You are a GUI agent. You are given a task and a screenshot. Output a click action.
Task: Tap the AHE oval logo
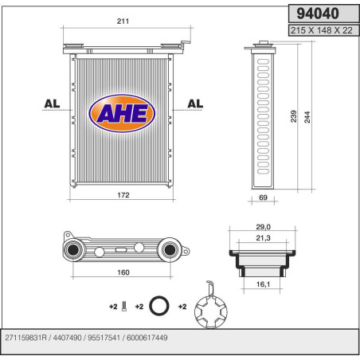point(122,112)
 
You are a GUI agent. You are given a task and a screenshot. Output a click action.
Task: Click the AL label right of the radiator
point(195,103)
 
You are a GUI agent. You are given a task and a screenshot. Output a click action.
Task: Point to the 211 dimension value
point(123,22)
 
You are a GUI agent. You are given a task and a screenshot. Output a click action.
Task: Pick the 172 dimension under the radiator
point(123,195)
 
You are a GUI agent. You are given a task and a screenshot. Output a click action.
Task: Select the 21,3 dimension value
point(262,237)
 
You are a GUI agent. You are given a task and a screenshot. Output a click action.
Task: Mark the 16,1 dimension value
point(262,283)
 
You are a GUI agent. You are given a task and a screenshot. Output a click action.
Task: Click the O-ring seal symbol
point(159,304)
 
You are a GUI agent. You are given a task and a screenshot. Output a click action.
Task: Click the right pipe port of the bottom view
point(169,252)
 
